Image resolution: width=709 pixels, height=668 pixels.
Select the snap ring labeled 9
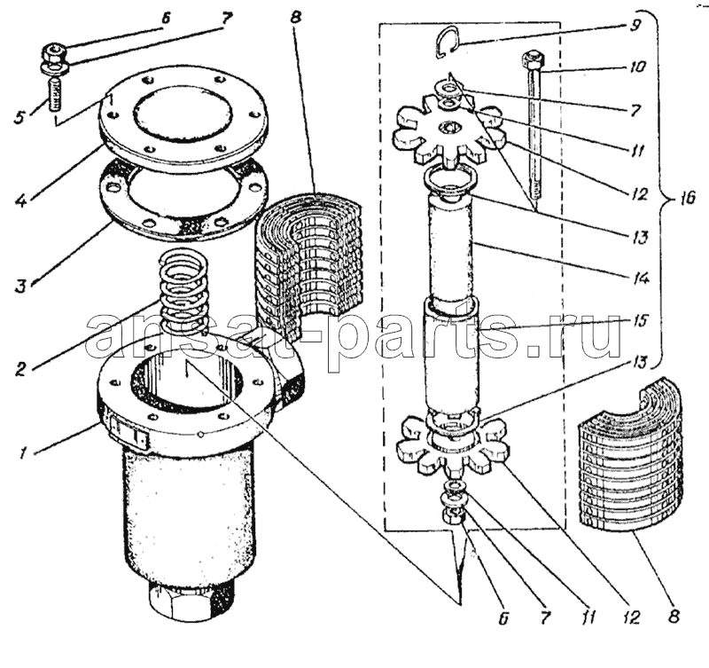pyautogui.click(x=448, y=42)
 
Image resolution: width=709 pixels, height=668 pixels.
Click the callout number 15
pyautogui.click(x=639, y=321)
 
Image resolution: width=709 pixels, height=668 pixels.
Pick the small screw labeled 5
pyautogui.click(x=54, y=94)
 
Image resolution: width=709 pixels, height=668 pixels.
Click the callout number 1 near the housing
pyautogui.click(x=21, y=452)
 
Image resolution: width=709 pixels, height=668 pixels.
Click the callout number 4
pyautogui.click(x=20, y=198)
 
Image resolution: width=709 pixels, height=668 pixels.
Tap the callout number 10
pyautogui.click(x=637, y=67)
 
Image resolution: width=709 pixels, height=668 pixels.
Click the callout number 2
pyautogui.click(x=20, y=369)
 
